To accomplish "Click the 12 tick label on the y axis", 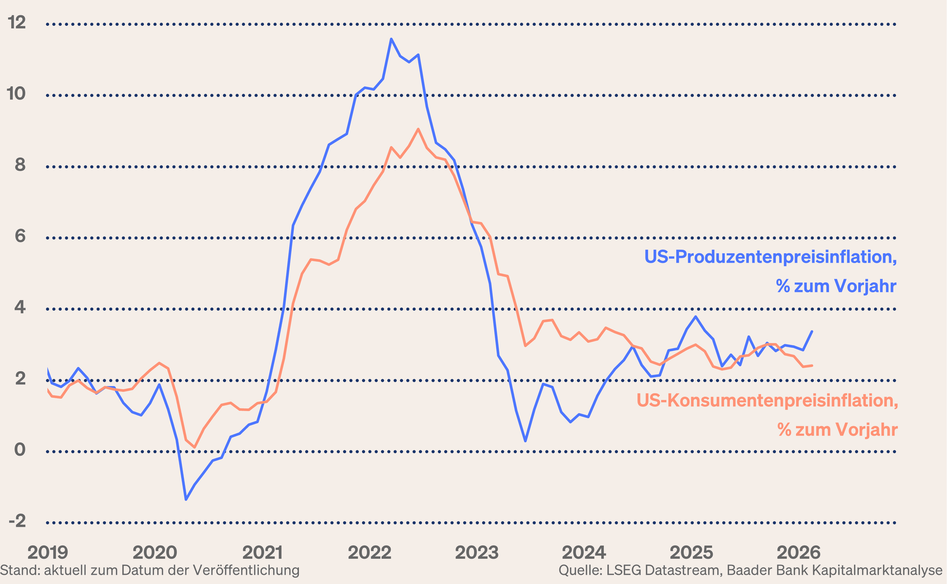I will coord(17,23).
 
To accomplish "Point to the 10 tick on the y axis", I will coord(16,94).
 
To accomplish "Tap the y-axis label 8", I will coord(20,165).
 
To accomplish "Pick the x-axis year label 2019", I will coord(48,553).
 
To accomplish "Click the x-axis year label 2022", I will coord(370,553).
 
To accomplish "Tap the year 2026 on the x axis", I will coord(799,553).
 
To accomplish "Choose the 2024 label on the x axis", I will coord(584,553).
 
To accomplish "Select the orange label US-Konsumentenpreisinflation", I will coord(767,400).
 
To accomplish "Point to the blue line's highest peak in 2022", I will coord(391,39).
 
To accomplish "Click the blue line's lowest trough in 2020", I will coord(186,500).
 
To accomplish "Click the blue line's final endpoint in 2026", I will coord(812,331).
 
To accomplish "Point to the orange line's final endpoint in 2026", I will coord(812,365).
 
